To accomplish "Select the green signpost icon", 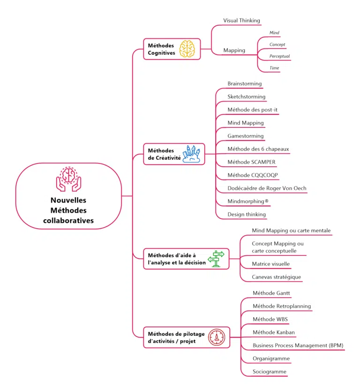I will [217, 259].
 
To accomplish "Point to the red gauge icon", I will [217, 337].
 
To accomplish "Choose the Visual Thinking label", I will [241, 21].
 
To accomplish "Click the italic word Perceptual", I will [279, 56].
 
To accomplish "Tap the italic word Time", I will [274, 68].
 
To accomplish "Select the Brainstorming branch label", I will [245, 83].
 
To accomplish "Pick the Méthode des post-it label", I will [253, 110].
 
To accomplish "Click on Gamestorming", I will [246, 136].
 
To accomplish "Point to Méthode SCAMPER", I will [252, 162].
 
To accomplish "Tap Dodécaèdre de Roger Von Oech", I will [267, 188].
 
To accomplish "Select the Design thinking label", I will [247, 214].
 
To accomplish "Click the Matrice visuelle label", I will [270, 264].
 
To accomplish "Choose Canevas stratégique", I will [277, 277].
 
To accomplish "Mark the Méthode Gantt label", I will [271, 293].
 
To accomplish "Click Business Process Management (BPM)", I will [298, 346].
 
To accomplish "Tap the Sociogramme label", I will [270, 372].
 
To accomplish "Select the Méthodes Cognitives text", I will [161, 49].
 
